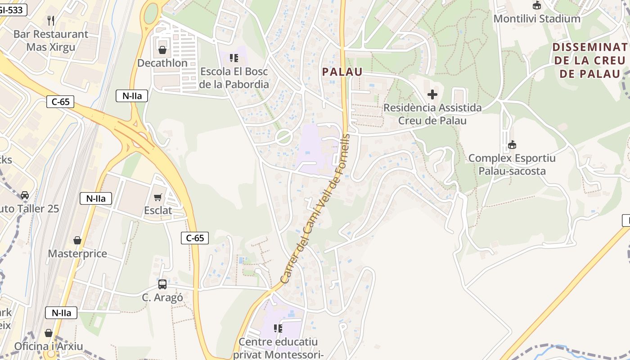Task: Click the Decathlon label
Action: point(162,63)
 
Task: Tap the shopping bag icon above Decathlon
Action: point(162,50)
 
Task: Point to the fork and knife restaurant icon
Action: point(51,20)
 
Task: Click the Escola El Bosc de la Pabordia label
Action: point(234,78)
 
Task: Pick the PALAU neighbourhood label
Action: point(342,72)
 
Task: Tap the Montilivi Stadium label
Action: point(537,19)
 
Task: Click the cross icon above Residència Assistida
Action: point(432,94)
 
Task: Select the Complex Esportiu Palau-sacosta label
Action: point(512,165)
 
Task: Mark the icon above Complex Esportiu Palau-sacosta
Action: point(512,145)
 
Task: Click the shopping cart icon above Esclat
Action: point(158,197)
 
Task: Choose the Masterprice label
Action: point(77,253)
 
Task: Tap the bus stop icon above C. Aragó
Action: point(162,284)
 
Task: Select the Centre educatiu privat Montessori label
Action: point(278,348)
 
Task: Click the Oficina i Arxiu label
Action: point(49,346)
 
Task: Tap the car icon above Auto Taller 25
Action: point(25,195)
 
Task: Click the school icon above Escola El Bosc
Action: point(234,58)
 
